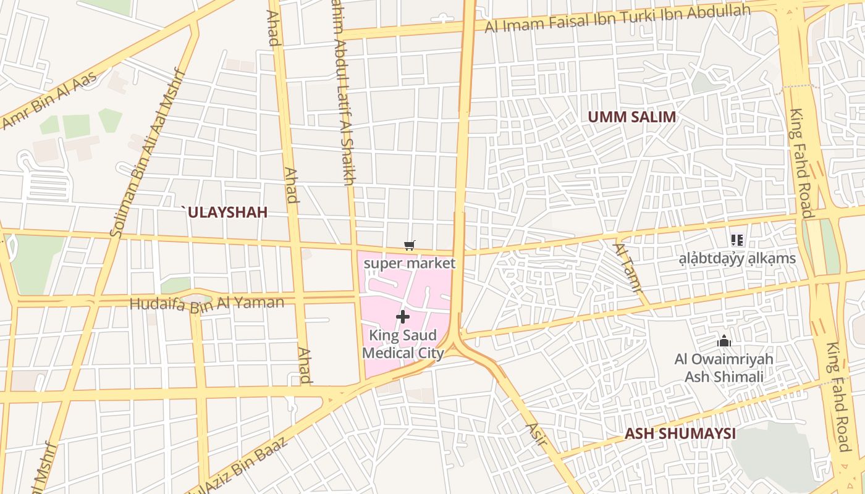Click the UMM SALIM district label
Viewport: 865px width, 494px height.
(x=631, y=117)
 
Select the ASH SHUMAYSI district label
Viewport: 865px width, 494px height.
(x=680, y=433)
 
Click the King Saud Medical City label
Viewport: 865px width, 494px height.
(x=403, y=345)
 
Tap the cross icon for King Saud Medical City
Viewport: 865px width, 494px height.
(x=403, y=317)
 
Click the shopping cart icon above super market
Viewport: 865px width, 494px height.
(x=409, y=246)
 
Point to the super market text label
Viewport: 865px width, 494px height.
(x=409, y=264)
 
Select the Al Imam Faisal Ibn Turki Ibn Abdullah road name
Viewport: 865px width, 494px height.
(x=618, y=19)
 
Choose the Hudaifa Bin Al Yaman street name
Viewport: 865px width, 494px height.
(x=207, y=303)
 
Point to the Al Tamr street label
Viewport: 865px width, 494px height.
(x=628, y=267)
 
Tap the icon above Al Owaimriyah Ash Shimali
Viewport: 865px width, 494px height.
(x=724, y=341)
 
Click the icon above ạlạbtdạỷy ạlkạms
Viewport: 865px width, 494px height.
(x=736, y=240)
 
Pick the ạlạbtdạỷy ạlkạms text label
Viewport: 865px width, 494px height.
(x=737, y=258)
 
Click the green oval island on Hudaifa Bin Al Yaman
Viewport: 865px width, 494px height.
(x=196, y=299)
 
